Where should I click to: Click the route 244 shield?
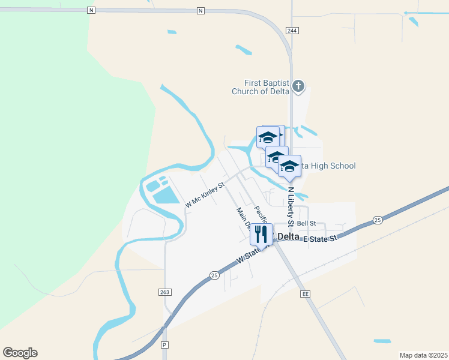pyautogui.click(x=292, y=30)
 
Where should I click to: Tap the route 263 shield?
pyautogui.click(x=166, y=292)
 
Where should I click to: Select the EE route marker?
pyautogui.click(x=305, y=294)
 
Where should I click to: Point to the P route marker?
pyautogui.click(x=164, y=346)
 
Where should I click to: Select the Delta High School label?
pyautogui.click(x=327, y=166)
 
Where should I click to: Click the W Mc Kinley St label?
pyautogui.click(x=204, y=194)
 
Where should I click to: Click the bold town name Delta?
pyautogui.click(x=289, y=236)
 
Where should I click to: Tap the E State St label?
pyautogui.click(x=321, y=239)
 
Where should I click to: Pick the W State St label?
pyautogui.click(x=251, y=254)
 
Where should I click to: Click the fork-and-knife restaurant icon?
pyautogui.click(x=262, y=233)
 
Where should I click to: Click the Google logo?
pyautogui.click(x=20, y=353)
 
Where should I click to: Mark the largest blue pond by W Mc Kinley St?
pyautogui.click(x=165, y=195)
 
